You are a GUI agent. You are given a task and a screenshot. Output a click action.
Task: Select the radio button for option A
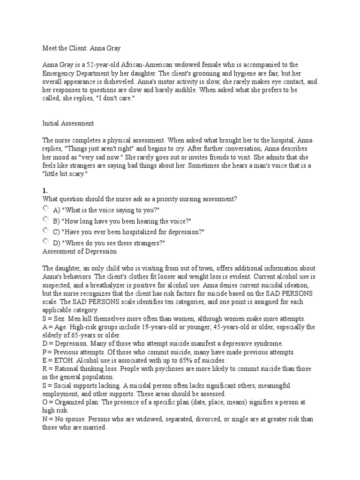click(x=45, y=208)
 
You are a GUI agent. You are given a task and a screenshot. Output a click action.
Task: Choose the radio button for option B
click(x=45, y=219)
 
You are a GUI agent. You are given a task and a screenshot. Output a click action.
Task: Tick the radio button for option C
click(x=45, y=231)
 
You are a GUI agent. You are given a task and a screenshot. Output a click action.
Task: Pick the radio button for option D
click(x=45, y=241)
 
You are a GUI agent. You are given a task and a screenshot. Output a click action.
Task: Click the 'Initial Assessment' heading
click(x=68, y=123)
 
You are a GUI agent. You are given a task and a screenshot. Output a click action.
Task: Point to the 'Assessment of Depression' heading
click(x=79, y=251)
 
